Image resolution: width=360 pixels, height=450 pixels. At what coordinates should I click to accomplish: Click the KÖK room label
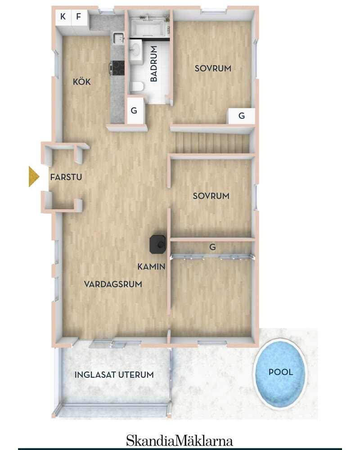tap(81, 82)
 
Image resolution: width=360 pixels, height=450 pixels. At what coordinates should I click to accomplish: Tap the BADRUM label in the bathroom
tap(154, 64)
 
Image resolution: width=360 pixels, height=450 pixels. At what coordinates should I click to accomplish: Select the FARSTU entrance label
tap(66, 177)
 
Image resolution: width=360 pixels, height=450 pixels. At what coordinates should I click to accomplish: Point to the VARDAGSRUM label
tap(113, 284)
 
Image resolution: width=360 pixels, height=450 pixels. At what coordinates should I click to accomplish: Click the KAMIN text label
tap(151, 266)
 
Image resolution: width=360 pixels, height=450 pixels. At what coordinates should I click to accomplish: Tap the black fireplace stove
tap(157, 244)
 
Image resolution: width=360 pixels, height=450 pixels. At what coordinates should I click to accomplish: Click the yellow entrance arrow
tap(34, 176)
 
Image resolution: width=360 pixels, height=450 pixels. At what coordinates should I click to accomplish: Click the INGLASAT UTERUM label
tap(114, 375)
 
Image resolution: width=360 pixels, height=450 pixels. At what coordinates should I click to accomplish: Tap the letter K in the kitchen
tap(63, 16)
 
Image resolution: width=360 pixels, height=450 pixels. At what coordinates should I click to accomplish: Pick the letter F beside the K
tap(78, 16)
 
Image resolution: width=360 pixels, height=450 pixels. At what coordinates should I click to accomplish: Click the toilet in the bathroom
tap(137, 86)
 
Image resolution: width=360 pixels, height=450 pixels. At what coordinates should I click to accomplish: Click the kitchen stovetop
tap(118, 68)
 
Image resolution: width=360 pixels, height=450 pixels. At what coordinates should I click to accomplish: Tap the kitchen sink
tap(118, 38)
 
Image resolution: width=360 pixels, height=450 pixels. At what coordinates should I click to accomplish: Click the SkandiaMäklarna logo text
tap(180, 441)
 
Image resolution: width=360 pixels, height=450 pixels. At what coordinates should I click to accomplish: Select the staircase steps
tap(212, 144)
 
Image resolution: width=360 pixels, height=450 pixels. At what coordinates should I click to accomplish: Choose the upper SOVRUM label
tap(213, 68)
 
